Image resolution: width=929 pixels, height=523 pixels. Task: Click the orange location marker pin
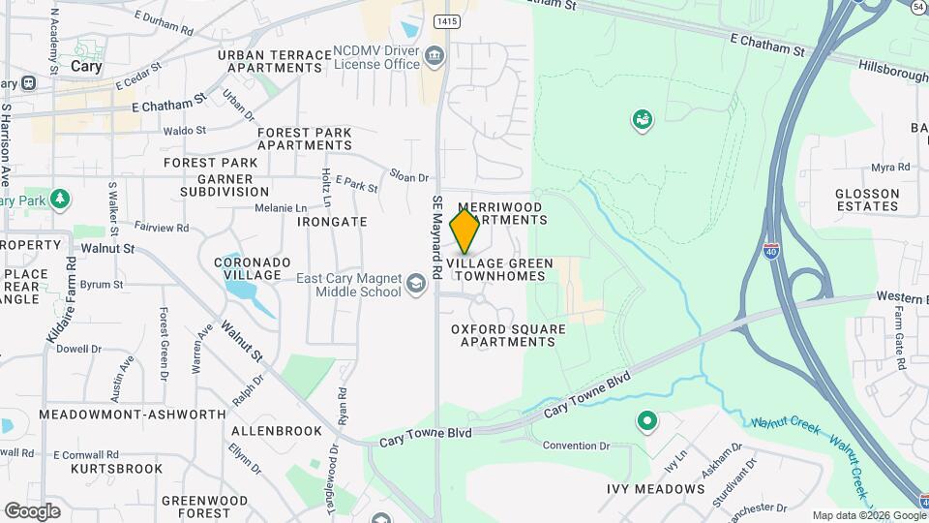tap(465, 231)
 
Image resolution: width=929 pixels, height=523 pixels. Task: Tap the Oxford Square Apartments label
tap(508, 335)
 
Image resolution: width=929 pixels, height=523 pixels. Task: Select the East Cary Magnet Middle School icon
tap(416, 283)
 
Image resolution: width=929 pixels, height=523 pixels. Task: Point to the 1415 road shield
tap(446, 20)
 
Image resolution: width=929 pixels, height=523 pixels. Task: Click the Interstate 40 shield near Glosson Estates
tap(771, 250)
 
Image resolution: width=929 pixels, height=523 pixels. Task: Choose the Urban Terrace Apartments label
tap(269, 62)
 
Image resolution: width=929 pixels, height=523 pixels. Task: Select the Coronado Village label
tap(253, 268)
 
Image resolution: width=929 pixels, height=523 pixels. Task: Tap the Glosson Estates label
tap(867, 200)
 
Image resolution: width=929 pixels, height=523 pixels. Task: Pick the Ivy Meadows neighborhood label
tap(655, 489)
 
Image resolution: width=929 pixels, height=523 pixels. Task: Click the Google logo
tap(32, 510)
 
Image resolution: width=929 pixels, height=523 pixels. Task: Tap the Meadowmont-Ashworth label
tap(133, 415)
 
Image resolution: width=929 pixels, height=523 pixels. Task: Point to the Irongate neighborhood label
tap(332, 222)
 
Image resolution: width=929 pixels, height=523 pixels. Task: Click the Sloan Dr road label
tap(409, 178)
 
